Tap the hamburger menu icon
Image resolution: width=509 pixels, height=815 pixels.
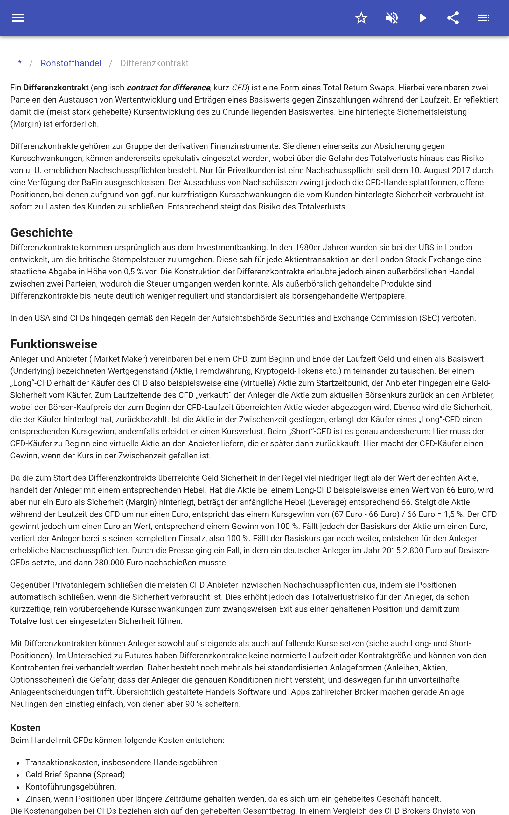18,18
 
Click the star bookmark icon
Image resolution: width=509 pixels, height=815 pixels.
361,18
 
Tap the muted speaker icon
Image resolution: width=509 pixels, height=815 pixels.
392,18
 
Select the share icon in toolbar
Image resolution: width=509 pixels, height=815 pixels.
453,18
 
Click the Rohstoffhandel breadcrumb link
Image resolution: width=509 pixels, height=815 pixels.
71,63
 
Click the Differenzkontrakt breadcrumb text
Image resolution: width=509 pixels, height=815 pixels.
154,63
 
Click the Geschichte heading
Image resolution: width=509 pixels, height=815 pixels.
41,233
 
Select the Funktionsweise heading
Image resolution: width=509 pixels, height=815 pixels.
53,344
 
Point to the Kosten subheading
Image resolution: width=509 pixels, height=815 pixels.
25,728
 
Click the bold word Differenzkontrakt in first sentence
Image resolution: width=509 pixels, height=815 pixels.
56,88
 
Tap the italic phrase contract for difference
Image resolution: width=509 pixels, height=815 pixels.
168,88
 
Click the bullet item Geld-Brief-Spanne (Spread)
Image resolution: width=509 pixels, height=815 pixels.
75,775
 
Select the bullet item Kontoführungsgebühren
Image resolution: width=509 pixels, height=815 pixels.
71,787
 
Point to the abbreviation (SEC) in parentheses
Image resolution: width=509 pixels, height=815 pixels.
429,318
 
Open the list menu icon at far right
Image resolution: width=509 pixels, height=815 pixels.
484,18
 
